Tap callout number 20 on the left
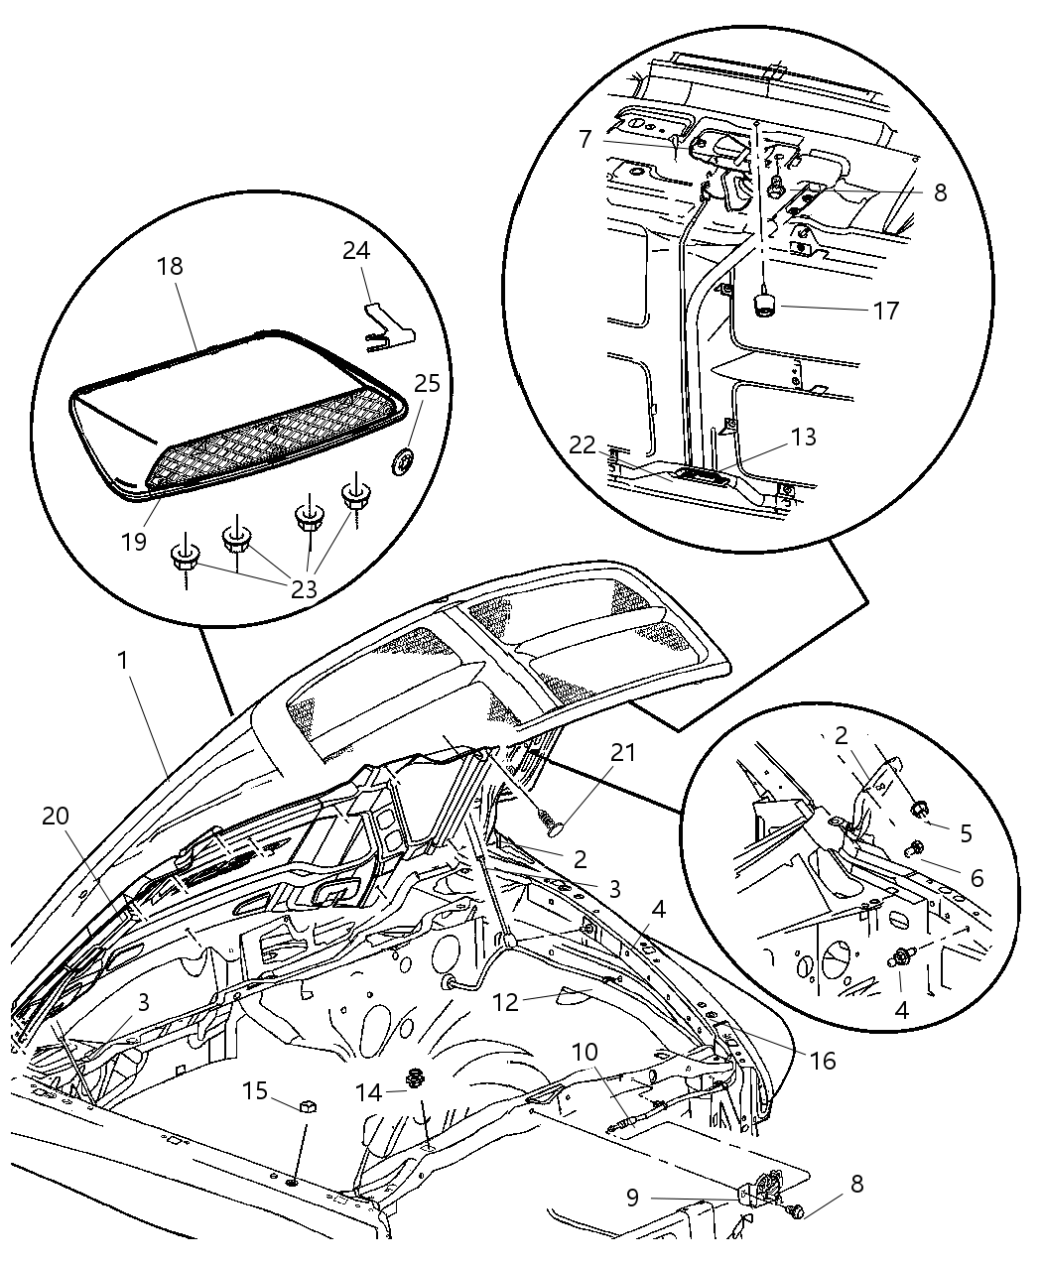point(57,815)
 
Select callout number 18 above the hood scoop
point(170,267)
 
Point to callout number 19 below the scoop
point(135,541)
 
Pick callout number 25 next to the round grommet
point(427,383)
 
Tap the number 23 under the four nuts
point(304,588)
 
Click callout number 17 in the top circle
point(885,311)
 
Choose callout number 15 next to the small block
point(255,1090)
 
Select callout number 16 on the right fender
point(821,1061)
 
